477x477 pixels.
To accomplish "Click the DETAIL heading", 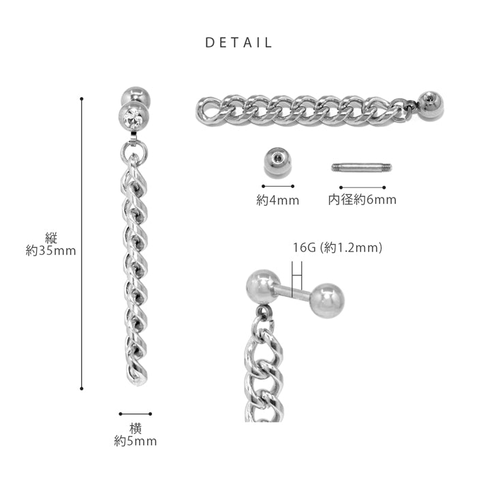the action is tap(238, 42).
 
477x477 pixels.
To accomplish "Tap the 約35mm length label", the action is tap(51, 251).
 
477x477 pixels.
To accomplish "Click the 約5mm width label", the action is tap(136, 441).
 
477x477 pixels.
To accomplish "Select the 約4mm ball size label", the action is tap(278, 200).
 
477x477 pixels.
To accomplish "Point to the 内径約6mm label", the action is tap(362, 200).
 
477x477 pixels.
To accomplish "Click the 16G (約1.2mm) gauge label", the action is tap(337, 247).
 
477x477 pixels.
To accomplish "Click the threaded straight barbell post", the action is tap(362, 168).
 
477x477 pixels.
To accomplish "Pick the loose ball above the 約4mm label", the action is tap(277, 163).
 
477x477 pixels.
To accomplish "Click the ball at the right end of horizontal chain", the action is tap(431, 105).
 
